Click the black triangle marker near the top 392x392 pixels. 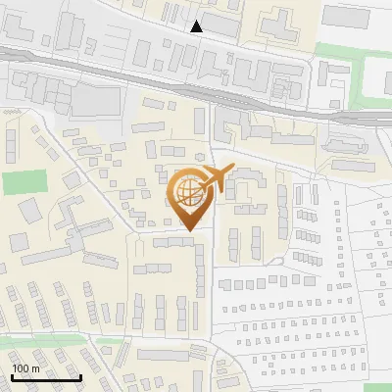click(197, 26)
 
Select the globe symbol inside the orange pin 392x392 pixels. click(187, 190)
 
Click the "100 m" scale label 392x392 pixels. click(26, 367)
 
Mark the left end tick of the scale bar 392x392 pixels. click(12, 376)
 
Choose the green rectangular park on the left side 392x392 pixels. click(25, 183)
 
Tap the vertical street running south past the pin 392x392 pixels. click(212, 294)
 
